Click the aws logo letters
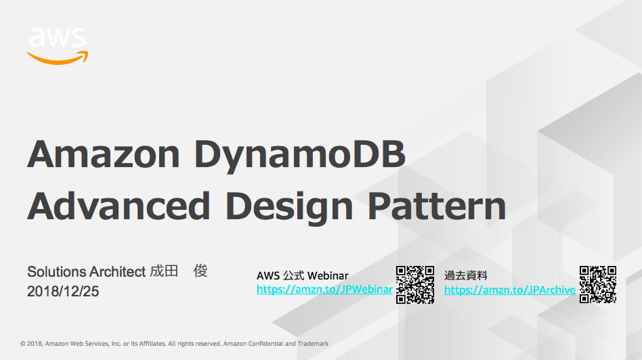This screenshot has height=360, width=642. (x=58, y=37)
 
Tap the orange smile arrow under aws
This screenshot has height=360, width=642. (x=58, y=60)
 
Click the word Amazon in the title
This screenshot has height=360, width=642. (x=104, y=154)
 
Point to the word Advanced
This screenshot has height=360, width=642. (x=119, y=206)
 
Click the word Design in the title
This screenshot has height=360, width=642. (x=289, y=208)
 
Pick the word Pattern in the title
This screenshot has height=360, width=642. (x=437, y=206)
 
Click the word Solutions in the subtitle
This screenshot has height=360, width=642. (x=56, y=271)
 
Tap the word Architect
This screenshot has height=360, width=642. (x=118, y=271)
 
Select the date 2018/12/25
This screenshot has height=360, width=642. (x=63, y=291)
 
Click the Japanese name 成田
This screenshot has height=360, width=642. (x=164, y=271)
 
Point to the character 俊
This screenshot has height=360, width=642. (x=200, y=271)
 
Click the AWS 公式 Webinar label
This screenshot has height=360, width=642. (x=303, y=275)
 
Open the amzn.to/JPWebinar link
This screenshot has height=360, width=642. (x=324, y=290)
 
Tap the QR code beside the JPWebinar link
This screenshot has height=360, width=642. (x=414, y=285)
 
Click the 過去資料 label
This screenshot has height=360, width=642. (x=465, y=275)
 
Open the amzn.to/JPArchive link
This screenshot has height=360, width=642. (x=510, y=290)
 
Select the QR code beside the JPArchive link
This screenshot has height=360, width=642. (x=598, y=285)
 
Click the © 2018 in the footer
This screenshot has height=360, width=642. (x=31, y=344)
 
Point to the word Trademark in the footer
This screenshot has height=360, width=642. (x=313, y=344)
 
